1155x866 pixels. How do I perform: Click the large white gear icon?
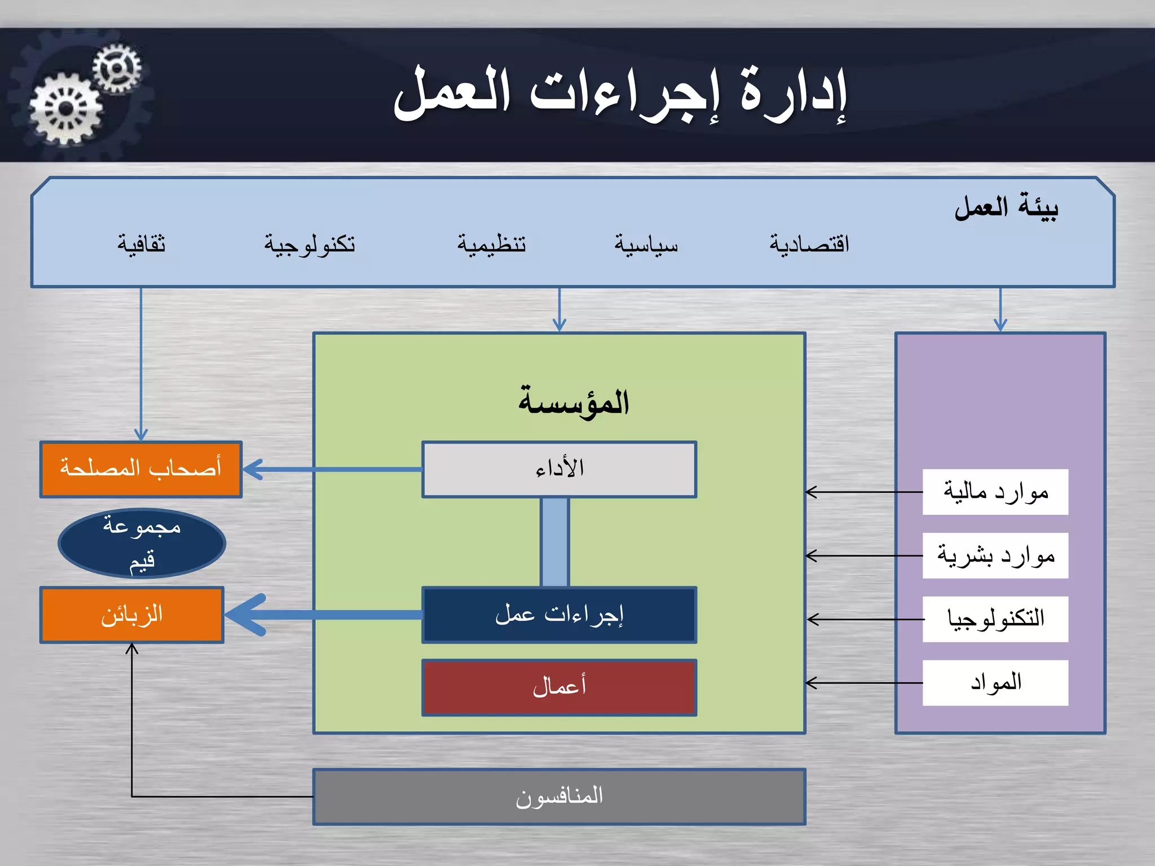(66, 109)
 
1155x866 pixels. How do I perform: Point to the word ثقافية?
(141, 244)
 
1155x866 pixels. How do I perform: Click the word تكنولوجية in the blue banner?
(310, 244)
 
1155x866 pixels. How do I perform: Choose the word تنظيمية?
(491, 244)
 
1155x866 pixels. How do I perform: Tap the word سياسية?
(646, 244)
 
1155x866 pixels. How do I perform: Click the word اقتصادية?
(809, 244)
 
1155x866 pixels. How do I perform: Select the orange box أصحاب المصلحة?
(141, 469)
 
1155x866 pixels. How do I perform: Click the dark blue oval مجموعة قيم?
(142, 544)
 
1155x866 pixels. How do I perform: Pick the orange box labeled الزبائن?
(132, 615)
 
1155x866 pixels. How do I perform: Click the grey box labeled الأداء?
(559, 469)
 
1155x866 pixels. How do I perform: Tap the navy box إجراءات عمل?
(559, 615)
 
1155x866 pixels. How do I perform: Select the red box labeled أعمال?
(559, 687)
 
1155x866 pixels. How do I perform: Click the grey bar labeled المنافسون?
(559, 797)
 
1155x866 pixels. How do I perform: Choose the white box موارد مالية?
(995, 492)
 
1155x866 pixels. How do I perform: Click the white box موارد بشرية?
(995, 555)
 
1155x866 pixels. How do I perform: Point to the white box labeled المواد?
(995, 683)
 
